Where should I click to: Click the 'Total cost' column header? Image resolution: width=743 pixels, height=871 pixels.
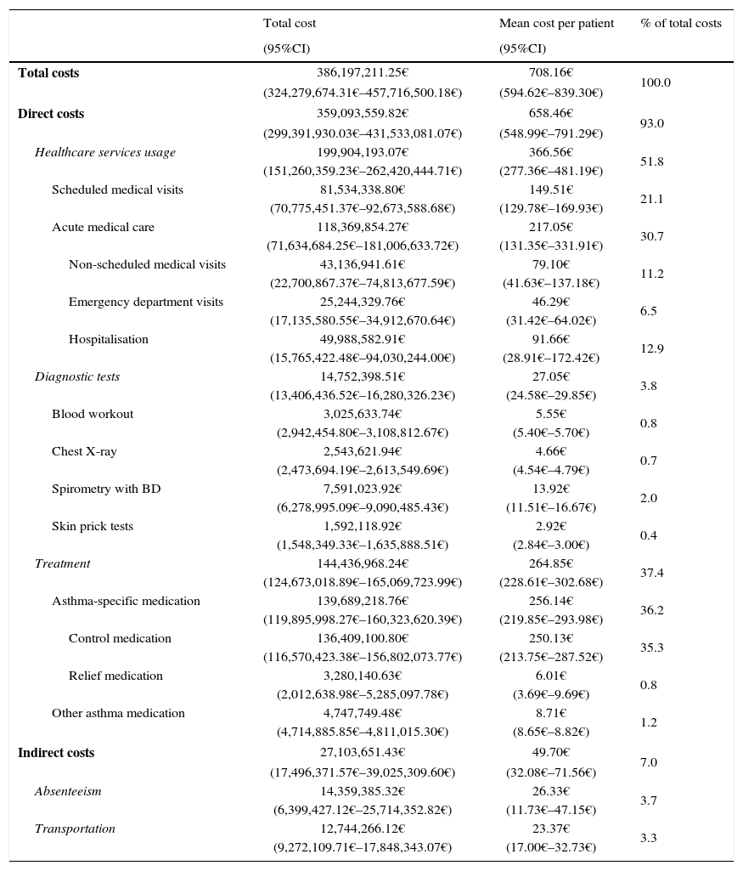(x=289, y=23)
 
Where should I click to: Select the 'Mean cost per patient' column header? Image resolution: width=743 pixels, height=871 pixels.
(x=556, y=23)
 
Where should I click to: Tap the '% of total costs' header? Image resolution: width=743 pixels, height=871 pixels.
(x=681, y=23)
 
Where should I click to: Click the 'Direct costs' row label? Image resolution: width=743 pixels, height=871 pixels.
(x=51, y=114)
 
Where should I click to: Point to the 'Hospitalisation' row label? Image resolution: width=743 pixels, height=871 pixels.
(x=109, y=340)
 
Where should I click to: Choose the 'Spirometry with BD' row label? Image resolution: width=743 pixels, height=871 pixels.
(x=106, y=489)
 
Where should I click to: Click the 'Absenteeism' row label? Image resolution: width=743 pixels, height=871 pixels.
(x=68, y=792)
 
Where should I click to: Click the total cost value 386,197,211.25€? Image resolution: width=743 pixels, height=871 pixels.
(x=363, y=73)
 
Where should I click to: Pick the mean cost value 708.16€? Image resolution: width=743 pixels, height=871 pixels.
(x=550, y=73)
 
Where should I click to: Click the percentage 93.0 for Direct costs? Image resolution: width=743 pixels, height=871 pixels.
(x=652, y=124)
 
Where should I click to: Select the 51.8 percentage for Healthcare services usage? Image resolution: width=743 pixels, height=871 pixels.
(x=652, y=161)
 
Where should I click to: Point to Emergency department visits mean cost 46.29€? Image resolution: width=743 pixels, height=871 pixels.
(x=550, y=303)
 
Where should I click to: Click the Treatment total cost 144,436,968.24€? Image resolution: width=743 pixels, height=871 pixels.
(x=363, y=564)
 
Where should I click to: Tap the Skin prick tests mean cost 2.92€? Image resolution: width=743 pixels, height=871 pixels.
(x=550, y=527)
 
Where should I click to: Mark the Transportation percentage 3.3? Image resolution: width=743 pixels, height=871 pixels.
(x=649, y=839)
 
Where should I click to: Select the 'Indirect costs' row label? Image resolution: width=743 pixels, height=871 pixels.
(x=56, y=753)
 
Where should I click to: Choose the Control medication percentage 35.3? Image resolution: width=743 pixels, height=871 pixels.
(x=652, y=648)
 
